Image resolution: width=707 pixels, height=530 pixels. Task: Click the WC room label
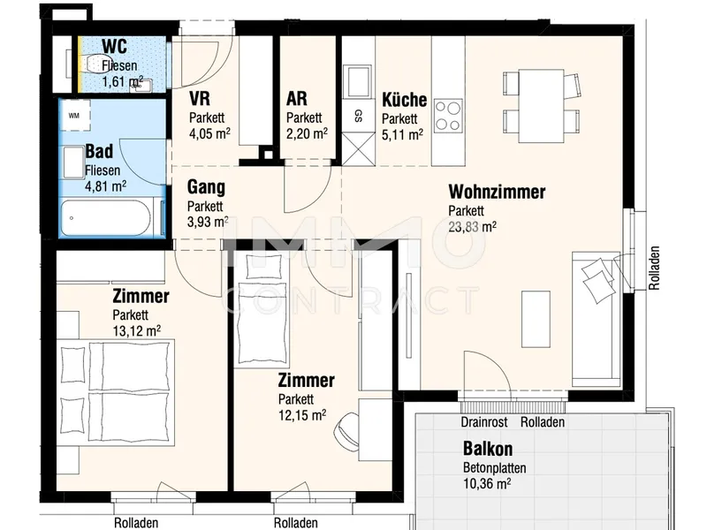coord(114,46)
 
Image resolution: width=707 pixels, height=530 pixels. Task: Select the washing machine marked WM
coord(75,116)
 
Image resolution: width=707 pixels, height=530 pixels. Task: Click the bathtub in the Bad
coord(105,218)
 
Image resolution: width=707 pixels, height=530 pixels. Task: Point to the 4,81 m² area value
coord(105,186)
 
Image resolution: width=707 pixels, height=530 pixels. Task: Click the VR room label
coord(200,98)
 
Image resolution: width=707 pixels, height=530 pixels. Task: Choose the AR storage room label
coord(297,98)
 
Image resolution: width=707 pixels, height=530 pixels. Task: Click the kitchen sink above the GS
coord(358,81)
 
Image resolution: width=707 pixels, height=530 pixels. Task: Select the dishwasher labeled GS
coord(359,116)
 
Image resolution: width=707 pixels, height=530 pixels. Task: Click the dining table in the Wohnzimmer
coord(541,106)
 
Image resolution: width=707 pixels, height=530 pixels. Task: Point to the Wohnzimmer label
coord(497,192)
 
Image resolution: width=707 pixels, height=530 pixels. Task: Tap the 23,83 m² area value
coord(472,227)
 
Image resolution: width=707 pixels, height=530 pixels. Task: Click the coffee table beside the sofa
coord(536,319)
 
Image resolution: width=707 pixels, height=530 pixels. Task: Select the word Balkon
coord(488,449)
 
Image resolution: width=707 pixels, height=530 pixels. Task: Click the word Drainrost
coord(483,422)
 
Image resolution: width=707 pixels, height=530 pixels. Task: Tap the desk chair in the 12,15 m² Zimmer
coord(346,430)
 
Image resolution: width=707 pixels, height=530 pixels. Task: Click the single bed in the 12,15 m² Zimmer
coord(262,310)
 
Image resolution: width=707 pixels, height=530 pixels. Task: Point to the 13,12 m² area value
coord(137,331)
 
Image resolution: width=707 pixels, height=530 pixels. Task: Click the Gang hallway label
coord(206,187)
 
